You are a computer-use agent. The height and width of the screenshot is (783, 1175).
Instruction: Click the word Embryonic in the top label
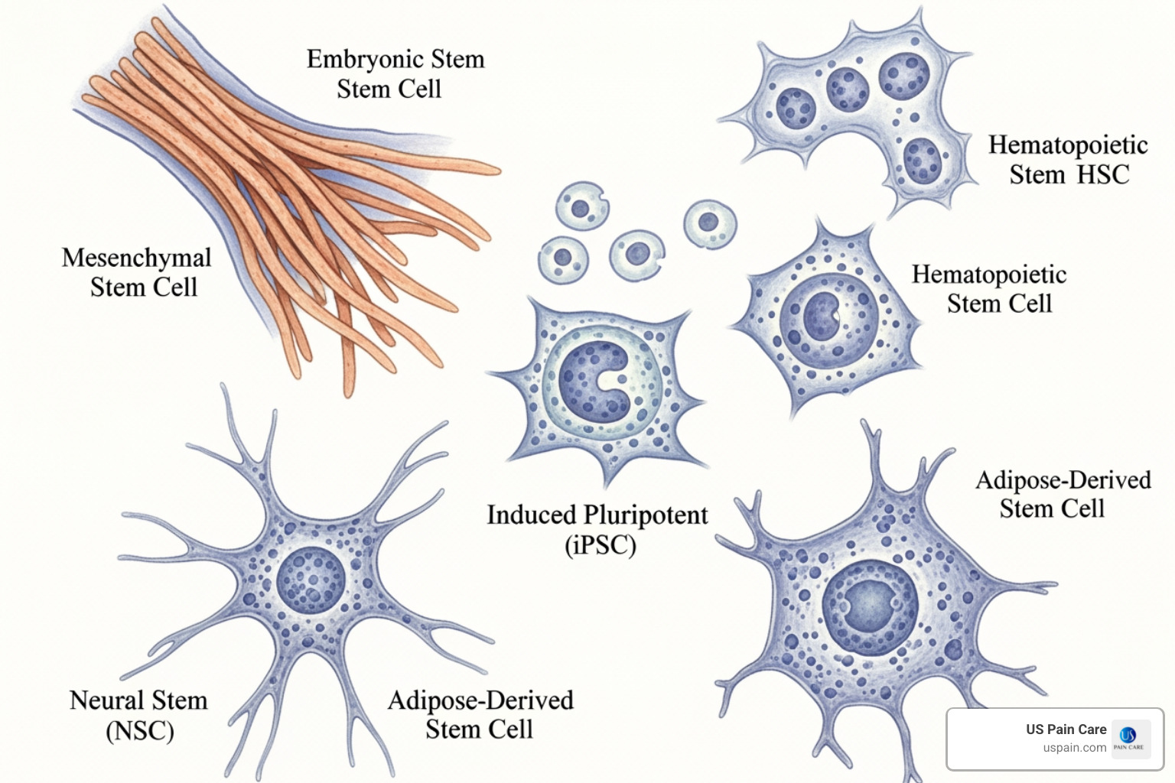tap(364, 60)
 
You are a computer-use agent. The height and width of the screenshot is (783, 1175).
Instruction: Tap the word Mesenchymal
tap(136, 258)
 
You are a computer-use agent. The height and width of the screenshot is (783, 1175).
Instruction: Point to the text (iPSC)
tap(600, 545)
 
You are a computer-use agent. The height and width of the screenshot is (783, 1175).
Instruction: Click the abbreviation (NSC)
tap(139, 731)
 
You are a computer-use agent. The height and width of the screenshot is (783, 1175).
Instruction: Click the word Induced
tap(531, 515)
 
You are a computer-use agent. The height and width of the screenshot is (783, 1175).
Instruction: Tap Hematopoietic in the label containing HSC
tap(1068, 145)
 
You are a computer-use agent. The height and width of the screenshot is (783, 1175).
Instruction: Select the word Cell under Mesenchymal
tap(175, 288)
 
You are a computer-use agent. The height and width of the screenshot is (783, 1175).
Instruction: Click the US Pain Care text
tap(1066, 729)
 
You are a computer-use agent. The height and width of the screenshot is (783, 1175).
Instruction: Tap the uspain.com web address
tap(1074, 748)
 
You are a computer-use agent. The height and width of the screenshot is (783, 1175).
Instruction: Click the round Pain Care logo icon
tap(1128, 736)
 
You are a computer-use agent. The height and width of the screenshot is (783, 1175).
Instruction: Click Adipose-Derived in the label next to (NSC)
tap(480, 700)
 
